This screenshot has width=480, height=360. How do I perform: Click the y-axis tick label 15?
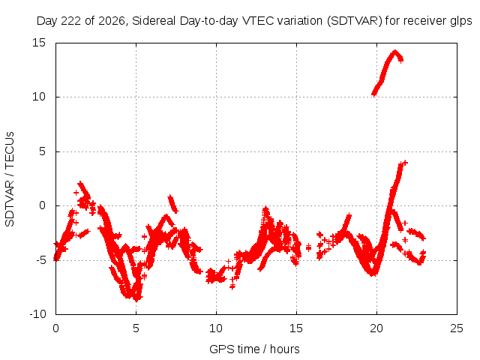pos(39,43)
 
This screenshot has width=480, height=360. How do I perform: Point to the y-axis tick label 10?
pos(39,97)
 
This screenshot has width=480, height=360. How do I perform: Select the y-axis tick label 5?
pos(42,151)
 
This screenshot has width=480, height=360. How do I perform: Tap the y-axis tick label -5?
pos(40,260)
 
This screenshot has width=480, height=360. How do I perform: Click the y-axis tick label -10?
pos(37,314)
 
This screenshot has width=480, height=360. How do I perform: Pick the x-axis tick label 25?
pos(457,328)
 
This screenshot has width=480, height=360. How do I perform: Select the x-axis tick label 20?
pos(376,328)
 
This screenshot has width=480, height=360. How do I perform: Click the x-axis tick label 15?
pos(296,328)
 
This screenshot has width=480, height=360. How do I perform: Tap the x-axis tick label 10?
pos(216,328)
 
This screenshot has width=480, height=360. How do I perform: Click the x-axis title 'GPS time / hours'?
pos(254,349)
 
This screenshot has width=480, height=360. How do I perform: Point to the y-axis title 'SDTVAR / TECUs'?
pos(10,179)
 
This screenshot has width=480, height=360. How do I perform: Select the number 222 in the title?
pos(72,21)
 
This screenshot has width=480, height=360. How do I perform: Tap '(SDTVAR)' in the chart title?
pos(355,21)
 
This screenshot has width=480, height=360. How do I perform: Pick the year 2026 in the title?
pos(112,21)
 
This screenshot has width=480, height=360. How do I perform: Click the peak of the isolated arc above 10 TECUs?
pos(395,52)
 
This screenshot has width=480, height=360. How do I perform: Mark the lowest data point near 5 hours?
pos(136,300)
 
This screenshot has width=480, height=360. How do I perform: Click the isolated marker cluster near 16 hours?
pos(308,247)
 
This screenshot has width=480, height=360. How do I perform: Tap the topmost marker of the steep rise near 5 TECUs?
pos(405,163)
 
